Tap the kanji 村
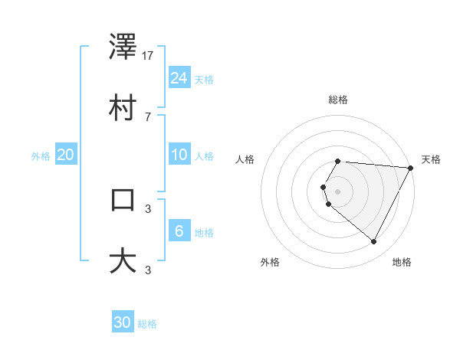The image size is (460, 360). tap(123, 108)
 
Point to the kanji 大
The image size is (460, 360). tap(123, 260)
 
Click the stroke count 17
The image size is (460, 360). tap(149, 56)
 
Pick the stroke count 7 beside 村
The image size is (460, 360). tap(147, 116)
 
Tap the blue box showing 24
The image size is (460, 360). tap(179, 77)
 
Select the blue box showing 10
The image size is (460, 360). tap(179, 155)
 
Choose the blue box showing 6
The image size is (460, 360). tap(179, 231)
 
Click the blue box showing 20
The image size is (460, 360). tap(66, 155)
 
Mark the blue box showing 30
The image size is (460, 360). tap(123, 322)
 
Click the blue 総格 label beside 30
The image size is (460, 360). tap(148, 324)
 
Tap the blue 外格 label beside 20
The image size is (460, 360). tap(41, 156)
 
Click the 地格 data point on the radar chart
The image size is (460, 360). tap(374, 242)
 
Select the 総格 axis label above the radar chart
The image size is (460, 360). tap(338, 100)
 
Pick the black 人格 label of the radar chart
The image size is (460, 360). tap(245, 159)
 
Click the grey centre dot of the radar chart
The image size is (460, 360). tap(338, 191)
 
